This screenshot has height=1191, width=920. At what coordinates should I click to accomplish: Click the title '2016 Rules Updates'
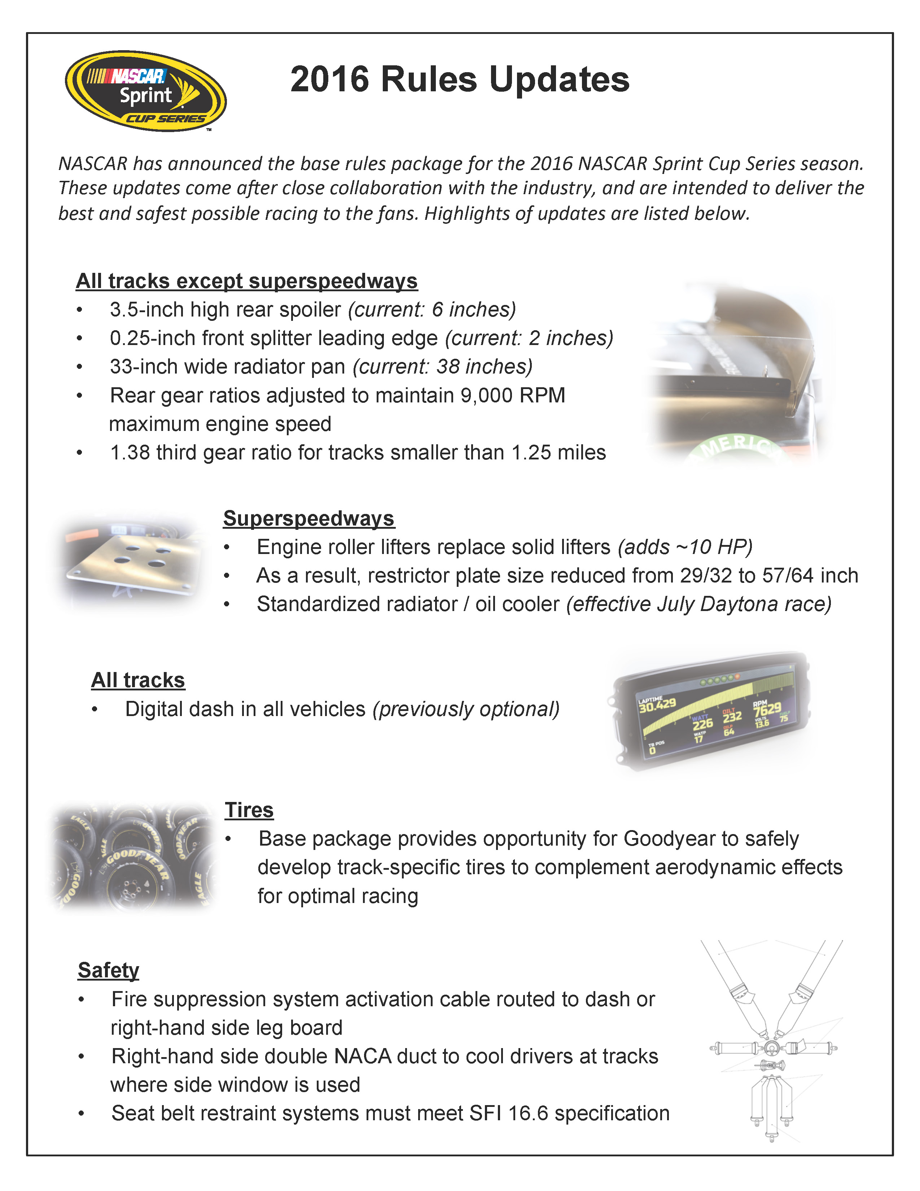[459, 80]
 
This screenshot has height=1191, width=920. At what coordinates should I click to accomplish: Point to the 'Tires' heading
[249, 810]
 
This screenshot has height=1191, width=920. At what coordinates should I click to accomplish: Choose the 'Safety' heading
[109, 971]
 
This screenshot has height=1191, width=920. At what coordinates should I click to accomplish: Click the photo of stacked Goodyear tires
[132, 857]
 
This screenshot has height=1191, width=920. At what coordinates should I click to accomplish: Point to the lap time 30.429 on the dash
[657, 706]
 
